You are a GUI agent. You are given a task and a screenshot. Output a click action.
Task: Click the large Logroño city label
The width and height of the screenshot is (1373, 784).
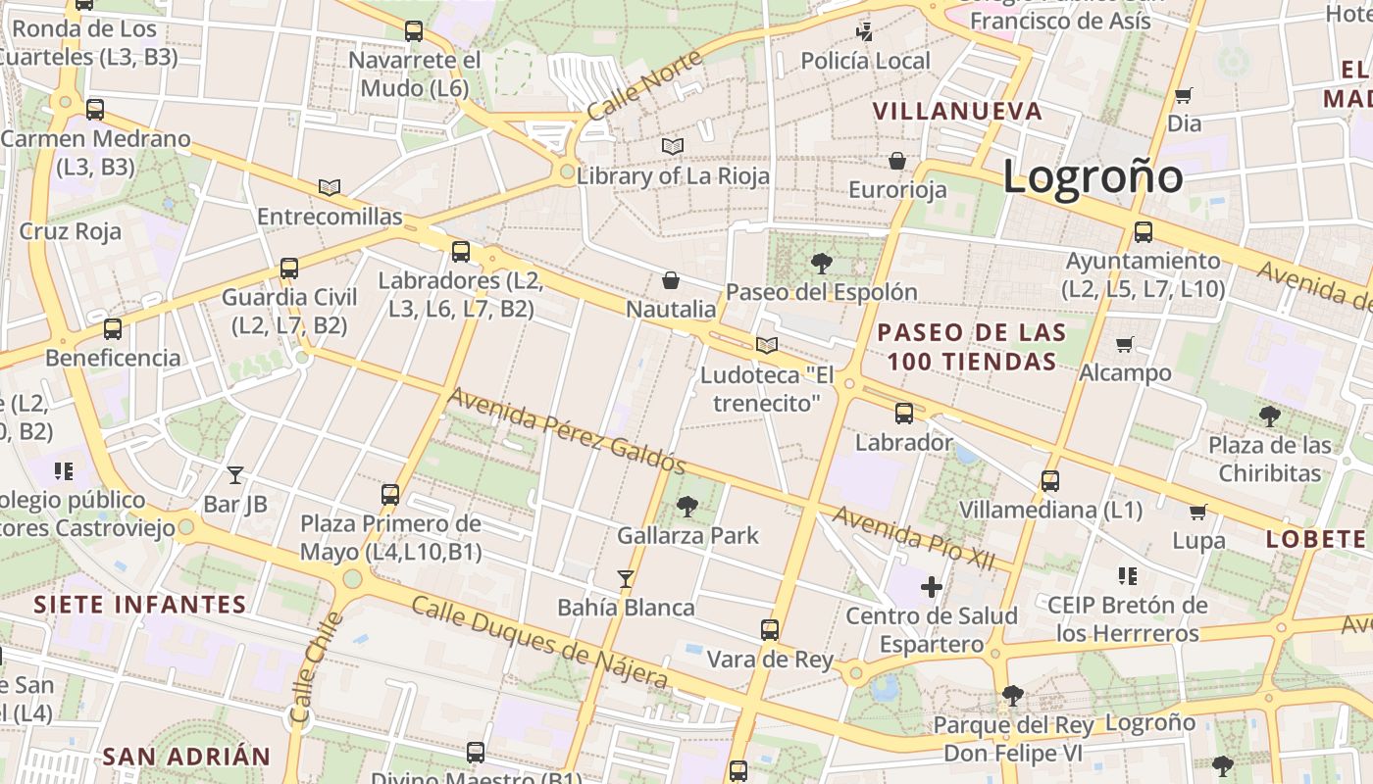pos(1093,176)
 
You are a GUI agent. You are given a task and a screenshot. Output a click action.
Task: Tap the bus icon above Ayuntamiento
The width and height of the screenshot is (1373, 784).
pos(1143,232)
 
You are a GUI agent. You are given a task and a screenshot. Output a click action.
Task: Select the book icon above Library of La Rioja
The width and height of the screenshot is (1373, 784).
pos(672,147)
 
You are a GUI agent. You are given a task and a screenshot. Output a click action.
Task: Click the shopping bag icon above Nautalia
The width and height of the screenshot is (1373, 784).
pos(671,281)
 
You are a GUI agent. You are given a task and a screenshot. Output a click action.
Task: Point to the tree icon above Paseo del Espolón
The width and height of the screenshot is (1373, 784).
pos(822,263)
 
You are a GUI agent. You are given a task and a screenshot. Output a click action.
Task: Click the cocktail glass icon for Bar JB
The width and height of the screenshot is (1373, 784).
pos(235,475)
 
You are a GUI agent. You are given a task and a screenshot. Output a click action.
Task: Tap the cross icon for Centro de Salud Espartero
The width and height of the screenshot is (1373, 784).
pos(931,587)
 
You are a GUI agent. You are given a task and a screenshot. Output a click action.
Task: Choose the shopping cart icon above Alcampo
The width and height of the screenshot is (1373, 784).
pos(1124,344)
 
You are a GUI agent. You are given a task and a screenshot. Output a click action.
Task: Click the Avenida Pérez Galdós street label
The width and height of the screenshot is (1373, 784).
pos(566,429)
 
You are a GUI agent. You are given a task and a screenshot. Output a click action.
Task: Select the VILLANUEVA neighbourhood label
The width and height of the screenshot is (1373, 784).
pos(957,111)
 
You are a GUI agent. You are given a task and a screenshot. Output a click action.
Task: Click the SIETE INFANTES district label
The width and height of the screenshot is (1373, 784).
pos(139,604)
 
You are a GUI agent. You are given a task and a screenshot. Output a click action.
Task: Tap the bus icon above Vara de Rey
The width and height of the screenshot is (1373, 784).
pos(770,629)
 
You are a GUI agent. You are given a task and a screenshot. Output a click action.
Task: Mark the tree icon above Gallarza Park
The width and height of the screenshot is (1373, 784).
pos(687,506)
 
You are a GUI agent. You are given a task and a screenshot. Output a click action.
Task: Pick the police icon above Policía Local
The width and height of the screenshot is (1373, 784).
pos(864,31)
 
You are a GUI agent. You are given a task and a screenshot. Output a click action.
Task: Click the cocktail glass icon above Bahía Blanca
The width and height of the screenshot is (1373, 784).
pos(626,578)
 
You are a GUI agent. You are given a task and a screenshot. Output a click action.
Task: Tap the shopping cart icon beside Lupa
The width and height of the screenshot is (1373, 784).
pos(1197,512)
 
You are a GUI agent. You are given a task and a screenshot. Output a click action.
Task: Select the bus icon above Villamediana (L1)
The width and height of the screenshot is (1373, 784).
pos(1050,480)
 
